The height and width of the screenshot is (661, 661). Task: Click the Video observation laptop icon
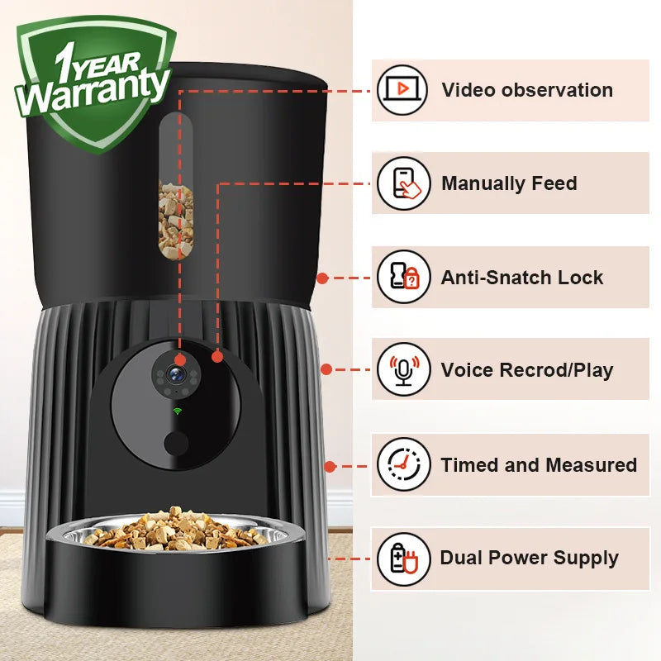tap(402, 89)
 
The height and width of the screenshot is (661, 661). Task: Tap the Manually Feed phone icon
tap(402, 183)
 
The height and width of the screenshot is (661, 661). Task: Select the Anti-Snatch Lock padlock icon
tap(402, 277)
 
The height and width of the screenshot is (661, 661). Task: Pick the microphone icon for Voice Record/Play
tap(402, 369)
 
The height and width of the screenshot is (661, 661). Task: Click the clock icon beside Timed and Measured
tap(402, 464)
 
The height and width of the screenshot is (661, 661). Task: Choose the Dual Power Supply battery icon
tap(402, 559)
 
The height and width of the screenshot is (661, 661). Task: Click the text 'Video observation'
tap(527, 90)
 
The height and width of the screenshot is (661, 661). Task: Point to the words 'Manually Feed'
tap(509, 183)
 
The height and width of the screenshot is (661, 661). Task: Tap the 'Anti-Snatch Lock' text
tap(522, 278)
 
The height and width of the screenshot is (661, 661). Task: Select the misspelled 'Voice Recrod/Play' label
tap(527, 370)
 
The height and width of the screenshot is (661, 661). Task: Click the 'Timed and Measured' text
tap(539, 465)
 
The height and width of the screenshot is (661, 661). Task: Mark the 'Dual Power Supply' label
tap(529, 559)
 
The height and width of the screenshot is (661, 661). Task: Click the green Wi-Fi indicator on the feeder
tap(177, 411)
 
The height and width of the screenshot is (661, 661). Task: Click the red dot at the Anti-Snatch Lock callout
tap(322, 278)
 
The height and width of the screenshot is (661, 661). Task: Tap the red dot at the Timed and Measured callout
tap(330, 466)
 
